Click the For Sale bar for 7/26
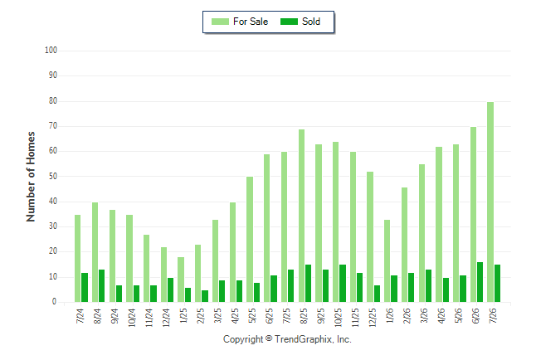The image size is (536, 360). (x=490, y=202)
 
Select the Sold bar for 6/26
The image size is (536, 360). (x=480, y=282)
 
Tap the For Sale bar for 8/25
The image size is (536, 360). (x=301, y=216)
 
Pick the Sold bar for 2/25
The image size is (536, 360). (x=205, y=296)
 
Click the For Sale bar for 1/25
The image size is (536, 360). (x=181, y=280)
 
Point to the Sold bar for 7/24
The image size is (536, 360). (x=85, y=288)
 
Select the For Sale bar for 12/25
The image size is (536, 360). (x=370, y=237)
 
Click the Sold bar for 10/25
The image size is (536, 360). (x=343, y=284)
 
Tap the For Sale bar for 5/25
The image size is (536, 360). (x=250, y=240)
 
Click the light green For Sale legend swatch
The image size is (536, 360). (x=220, y=22)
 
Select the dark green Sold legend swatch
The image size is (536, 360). (x=289, y=22)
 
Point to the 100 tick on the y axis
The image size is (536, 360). (x=51, y=51)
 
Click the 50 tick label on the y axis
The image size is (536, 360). (x=53, y=176)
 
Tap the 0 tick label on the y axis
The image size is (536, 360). (x=55, y=302)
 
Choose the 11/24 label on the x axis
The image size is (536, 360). (x=149, y=318)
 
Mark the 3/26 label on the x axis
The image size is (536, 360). (x=424, y=315)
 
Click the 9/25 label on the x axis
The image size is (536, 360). (x=320, y=315)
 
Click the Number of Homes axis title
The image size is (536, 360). (x=31, y=177)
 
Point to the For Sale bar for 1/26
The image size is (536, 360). (x=387, y=260)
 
